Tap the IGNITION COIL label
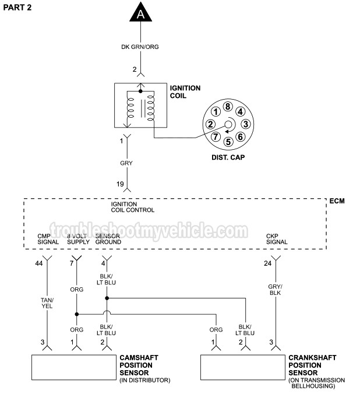click(185, 92)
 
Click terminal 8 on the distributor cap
click(228, 106)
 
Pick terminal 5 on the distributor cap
click(228, 141)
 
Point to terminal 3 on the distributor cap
click(246, 124)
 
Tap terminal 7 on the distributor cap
click(216, 137)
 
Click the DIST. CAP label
click(227, 157)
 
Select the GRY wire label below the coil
click(126, 163)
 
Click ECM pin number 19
click(120, 184)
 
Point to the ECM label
click(337, 201)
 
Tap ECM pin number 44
click(39, 264)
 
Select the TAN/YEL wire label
click(46, 304)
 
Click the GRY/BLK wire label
click(275, 290)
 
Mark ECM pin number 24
click(267, 264)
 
